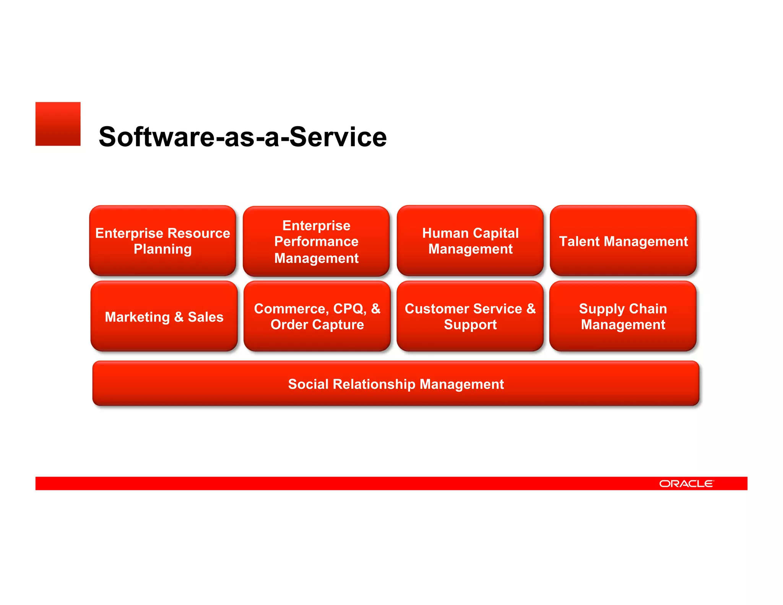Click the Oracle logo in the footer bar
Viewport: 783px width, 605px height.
[x=686, y=483]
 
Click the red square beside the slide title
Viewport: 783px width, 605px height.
[x=58, y=124]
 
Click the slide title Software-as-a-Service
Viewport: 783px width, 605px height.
[x=242, y=137]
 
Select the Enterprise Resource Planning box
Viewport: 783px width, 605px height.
[x=162, y=241]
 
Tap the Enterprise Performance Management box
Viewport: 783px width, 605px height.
[x=316, y=241]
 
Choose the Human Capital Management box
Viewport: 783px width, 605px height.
[x=470, y=241]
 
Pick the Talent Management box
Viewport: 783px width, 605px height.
[x=623, y=241]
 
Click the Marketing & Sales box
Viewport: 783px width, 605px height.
[x=164, y=316]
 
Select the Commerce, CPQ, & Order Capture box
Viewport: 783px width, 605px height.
[x=317, y=316]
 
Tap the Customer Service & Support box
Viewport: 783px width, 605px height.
[x=470, y=316]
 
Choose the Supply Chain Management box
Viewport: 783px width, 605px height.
[x=623, y=316]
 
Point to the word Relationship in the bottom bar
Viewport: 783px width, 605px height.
[x=374, y=384]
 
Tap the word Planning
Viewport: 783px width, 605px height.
[x=162, y=249]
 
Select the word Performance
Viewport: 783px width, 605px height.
[x=316, y=241]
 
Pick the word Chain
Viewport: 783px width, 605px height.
[x=648, y=308]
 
